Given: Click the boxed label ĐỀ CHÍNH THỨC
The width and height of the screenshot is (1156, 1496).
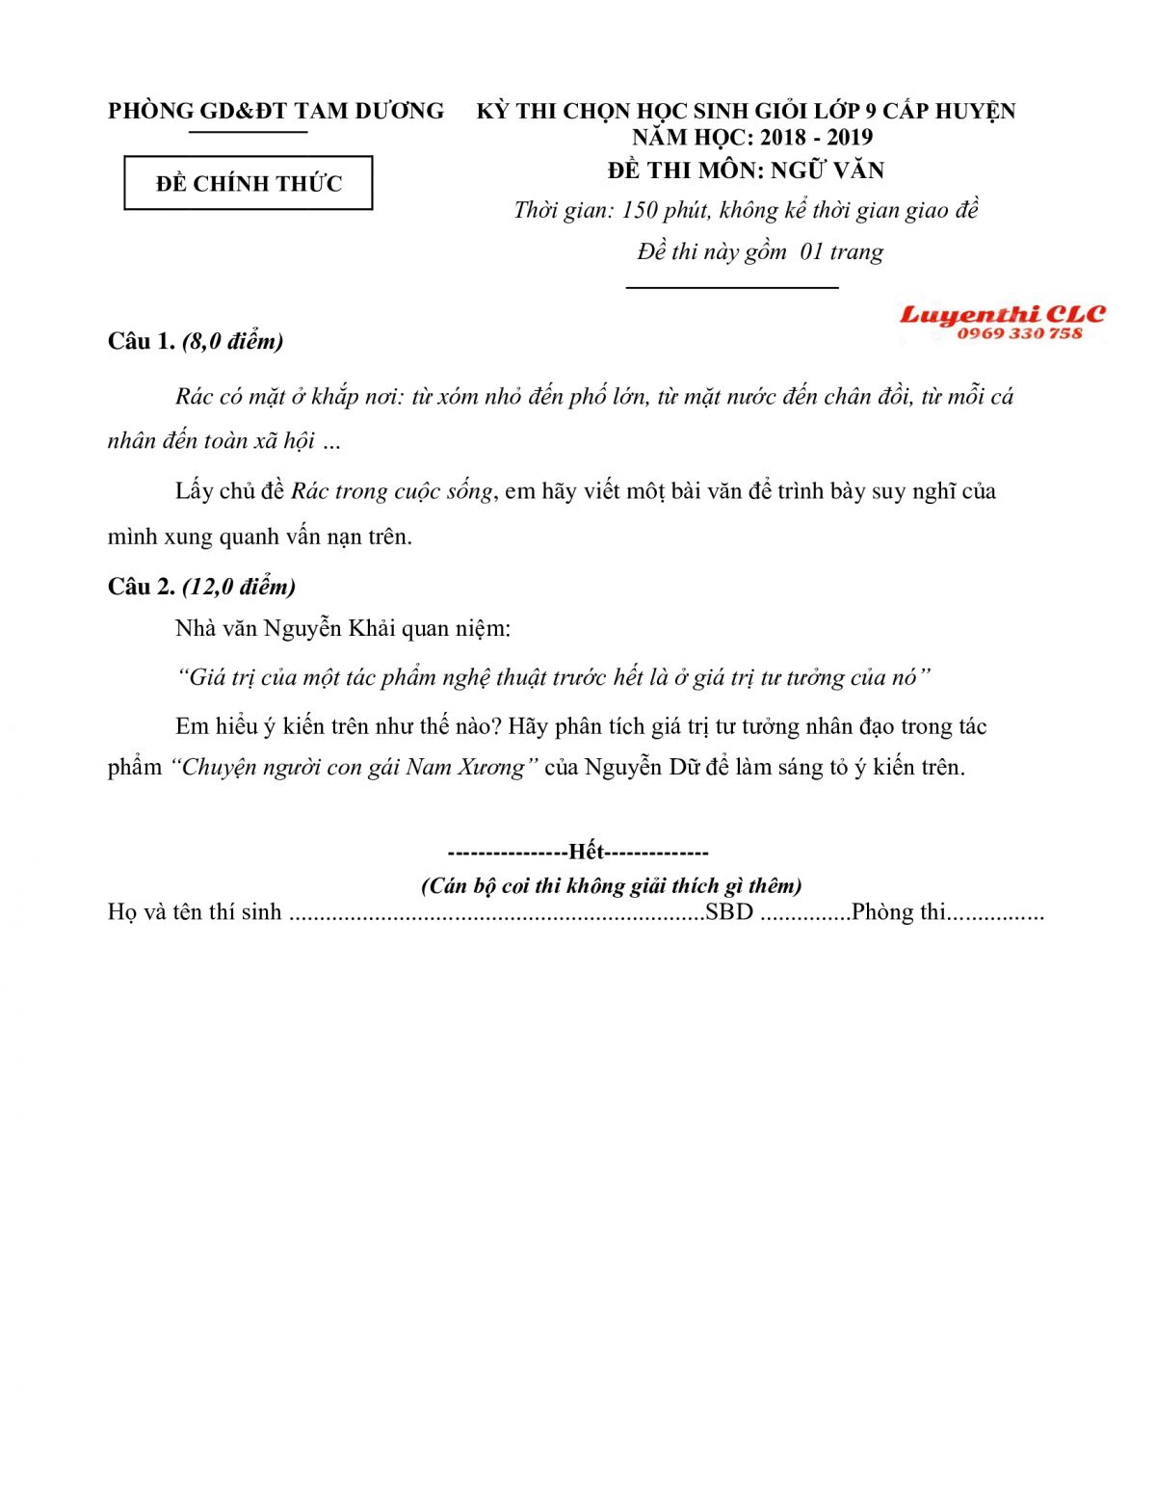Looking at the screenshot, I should (x=249, y=183).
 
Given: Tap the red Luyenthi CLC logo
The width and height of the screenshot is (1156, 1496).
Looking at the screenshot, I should (x=1002, y=315).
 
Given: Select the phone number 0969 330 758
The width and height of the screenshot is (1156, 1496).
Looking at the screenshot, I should (x=1019, y=333).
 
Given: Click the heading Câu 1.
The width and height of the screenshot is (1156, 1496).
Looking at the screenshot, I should (x=141, y=341).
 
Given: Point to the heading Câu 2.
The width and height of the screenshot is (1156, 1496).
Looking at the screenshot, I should (x=141, y=587).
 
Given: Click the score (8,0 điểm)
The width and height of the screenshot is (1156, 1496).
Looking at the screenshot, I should (x=232, y=341).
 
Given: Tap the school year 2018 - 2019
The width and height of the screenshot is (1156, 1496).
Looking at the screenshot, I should (x=816, y=137).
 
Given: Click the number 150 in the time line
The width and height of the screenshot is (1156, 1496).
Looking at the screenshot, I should (x=640, y=210).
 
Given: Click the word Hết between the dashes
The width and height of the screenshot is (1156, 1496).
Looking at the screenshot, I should (x=586, y=852).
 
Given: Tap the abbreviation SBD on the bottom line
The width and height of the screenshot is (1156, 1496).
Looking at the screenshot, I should (x=729, y=912).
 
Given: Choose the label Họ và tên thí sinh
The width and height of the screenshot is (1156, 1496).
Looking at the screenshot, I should (x=195, y=912).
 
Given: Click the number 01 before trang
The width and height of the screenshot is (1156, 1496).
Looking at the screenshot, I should (x=811, y=252).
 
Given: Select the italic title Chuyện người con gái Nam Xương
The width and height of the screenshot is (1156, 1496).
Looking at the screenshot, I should (x=354, y=768).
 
